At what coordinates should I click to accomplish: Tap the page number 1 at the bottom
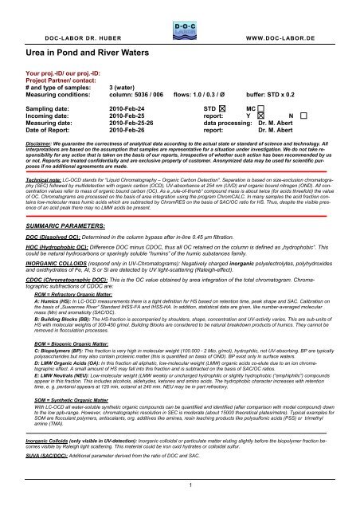pos(180,503)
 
